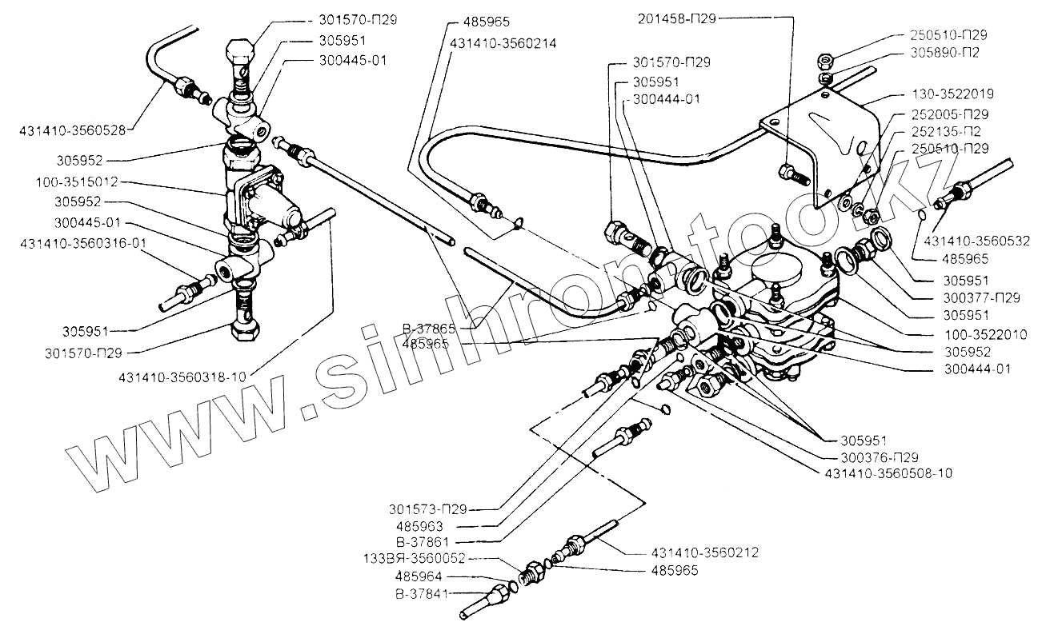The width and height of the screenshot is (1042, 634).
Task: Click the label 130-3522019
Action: pyautogui.click(x=951, y=95)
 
